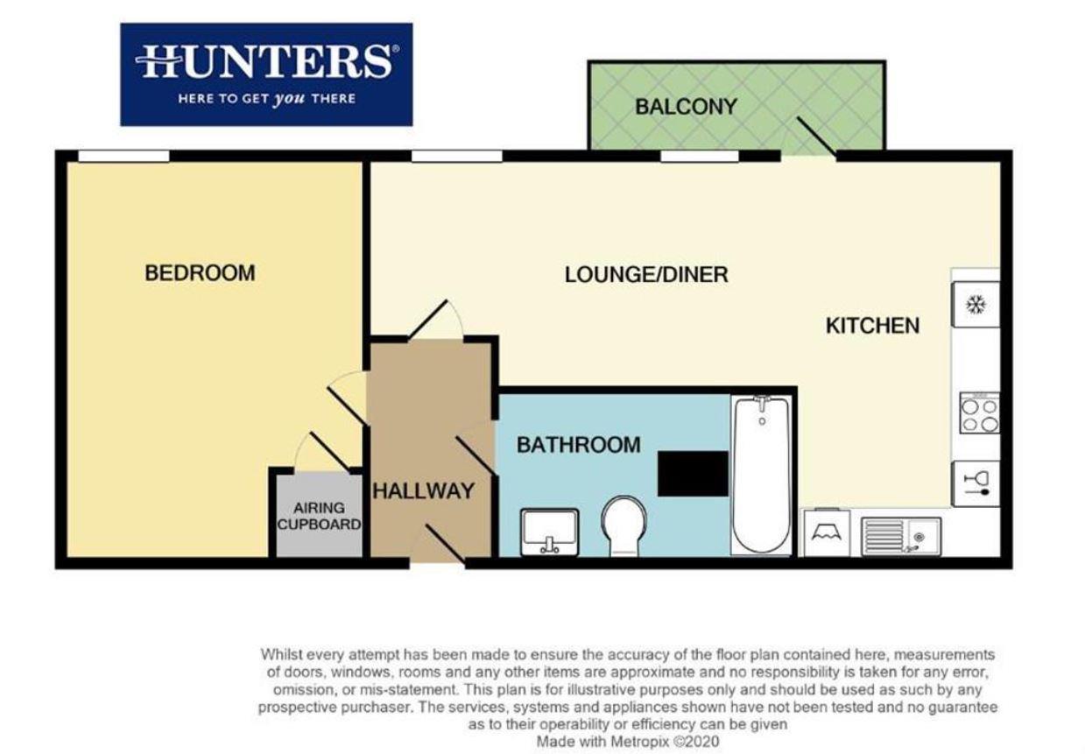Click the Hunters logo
[266, 74]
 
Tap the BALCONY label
[686, 107]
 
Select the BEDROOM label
[200, 272]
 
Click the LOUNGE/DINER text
[646, 274]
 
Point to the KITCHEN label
[872, 326]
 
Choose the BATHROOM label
[578, 445]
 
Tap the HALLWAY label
[424, 490]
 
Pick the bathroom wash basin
[549, 531]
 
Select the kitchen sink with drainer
[899, 532]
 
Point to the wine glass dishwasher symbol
[975, 483]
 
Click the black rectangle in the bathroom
[693, 473]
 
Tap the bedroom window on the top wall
[123, 156]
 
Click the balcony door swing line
[815, 137]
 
